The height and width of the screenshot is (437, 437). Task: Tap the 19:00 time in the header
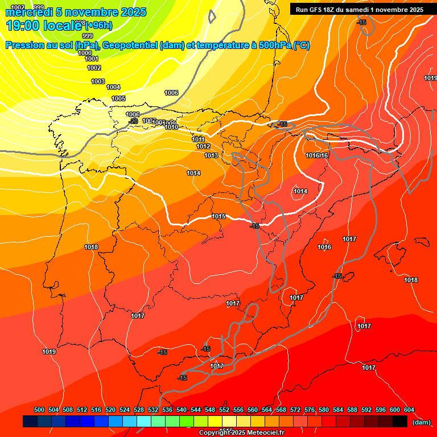(22, 26)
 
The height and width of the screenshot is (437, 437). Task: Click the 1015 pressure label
(218, 216)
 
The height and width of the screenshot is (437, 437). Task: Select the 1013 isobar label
(211, 155)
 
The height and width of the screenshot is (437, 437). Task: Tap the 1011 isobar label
(198, 139)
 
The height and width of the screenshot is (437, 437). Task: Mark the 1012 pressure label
(203, 146)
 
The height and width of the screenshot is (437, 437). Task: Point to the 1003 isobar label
(98, 81)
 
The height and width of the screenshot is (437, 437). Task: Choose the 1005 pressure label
(118, 98)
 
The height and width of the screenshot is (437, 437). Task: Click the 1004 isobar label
(113, 87)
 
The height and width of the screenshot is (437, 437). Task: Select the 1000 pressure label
(84, 53)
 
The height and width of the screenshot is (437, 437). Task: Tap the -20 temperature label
(134, 121)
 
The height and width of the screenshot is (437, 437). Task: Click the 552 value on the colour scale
(224, 410)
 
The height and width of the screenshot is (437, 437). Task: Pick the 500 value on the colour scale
(39, 410)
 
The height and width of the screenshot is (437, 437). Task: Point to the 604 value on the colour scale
(409, 410)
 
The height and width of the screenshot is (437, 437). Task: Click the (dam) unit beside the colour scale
(421, 422)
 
